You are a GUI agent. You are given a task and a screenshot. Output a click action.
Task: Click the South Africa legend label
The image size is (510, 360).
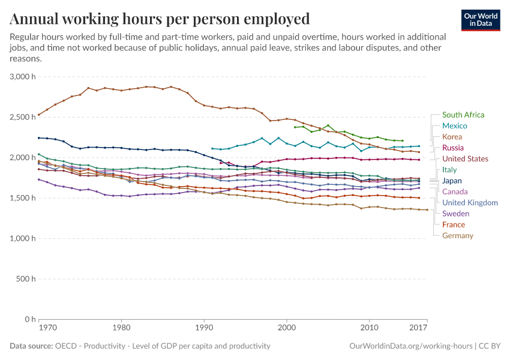463,115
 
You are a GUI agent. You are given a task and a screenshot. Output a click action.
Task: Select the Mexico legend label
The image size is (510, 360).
454,126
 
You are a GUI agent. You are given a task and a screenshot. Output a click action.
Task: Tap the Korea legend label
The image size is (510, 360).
452,137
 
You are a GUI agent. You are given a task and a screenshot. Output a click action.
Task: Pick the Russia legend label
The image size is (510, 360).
453,148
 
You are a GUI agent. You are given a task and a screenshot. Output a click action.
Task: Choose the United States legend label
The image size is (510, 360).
465,159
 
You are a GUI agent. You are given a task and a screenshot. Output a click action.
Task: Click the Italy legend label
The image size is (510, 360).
449,170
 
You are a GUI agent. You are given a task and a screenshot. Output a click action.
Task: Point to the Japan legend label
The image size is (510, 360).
452,181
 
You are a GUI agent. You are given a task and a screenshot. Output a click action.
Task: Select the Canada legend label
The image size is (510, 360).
455,191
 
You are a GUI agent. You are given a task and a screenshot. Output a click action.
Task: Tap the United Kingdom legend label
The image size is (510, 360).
470,203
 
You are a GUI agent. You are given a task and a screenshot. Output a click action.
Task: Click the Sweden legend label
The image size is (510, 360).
455,214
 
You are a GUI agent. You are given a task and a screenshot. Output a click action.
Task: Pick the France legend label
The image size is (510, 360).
453,224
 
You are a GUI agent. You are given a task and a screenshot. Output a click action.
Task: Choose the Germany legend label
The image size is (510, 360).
457,236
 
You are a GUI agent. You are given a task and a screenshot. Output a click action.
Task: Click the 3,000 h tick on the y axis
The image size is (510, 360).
23,77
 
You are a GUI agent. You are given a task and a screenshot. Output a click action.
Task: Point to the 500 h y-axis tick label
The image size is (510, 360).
26,279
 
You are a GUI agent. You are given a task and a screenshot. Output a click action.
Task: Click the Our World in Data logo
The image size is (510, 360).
480,20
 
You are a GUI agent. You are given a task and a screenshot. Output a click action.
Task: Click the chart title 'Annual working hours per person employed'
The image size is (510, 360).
160,19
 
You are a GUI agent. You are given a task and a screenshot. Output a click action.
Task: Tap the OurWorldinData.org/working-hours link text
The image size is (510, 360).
410,346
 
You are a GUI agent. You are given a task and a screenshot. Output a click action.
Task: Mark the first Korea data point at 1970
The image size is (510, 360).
39,115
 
